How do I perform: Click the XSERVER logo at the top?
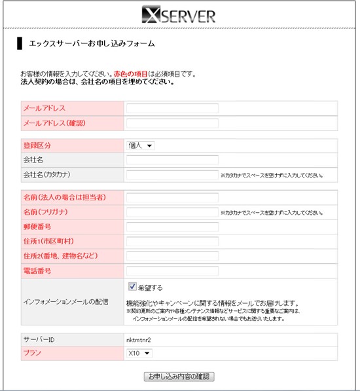point(179,14)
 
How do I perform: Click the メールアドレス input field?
point(172,108)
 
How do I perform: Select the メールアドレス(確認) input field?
point(172,122)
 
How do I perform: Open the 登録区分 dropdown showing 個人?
point(140,145)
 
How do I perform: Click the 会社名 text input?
point(172,160)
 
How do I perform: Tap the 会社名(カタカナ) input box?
point(172,175)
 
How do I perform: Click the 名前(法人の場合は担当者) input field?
point(172,197)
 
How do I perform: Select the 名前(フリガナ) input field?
point(172,212)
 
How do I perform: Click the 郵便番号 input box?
point(172,227)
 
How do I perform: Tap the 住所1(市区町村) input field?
point(172,242)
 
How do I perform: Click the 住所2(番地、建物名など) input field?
point(172,256)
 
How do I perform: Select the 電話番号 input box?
point(172,271)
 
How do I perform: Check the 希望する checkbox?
point(132,287)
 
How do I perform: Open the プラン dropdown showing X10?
point(139,354)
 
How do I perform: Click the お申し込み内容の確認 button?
point(179,377)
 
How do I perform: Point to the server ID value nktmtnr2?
point(139,339)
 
